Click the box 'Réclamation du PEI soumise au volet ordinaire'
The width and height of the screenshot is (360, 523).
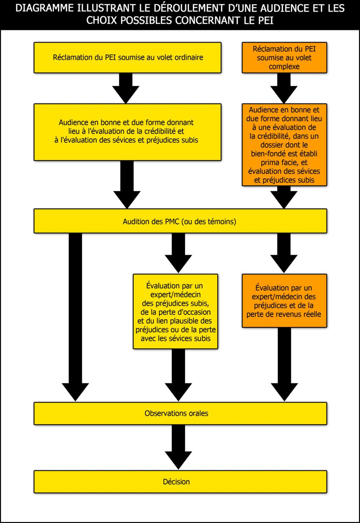(127, 58)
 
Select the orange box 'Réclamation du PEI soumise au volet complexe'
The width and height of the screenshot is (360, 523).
(284, 58)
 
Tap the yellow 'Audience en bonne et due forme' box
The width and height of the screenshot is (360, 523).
(127, 132)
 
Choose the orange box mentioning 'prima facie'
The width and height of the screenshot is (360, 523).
(284, 145)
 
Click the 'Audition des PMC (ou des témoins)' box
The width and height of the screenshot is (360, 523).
(180, 221)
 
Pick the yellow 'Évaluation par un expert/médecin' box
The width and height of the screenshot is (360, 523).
(175, 311)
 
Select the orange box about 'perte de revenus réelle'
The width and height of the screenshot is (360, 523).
(284, 301)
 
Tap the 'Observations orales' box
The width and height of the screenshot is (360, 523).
(180, 413)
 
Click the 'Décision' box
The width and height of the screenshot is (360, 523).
(180, 482)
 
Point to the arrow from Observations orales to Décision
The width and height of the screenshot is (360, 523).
(178, 447)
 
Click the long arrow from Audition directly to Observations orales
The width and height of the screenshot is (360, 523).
(75, 317)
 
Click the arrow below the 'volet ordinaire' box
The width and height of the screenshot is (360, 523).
(126, 88)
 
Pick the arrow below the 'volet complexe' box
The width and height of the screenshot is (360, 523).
(284, 88)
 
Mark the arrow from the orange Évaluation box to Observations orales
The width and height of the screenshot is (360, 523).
(284, 364)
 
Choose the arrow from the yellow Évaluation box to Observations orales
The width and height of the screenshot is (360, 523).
(178, 375)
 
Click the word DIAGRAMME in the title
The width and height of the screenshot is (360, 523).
(44, 8)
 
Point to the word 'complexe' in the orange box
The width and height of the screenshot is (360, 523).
(284, 67)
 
